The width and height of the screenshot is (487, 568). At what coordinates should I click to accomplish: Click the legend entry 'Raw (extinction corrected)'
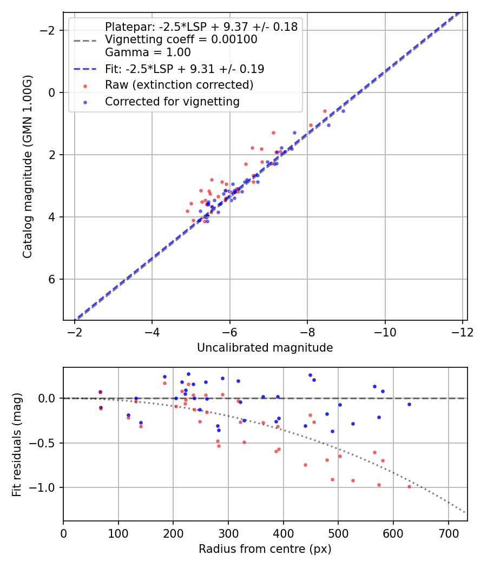179,85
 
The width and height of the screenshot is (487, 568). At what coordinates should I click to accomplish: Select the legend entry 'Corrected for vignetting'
172,102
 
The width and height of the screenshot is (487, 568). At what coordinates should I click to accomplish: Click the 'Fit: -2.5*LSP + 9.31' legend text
185,69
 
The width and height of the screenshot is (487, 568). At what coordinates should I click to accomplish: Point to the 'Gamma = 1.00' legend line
148,52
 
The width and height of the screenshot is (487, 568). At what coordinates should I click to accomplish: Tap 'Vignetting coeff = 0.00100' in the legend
181,39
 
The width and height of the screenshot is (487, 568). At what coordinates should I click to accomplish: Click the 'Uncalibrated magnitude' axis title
265,347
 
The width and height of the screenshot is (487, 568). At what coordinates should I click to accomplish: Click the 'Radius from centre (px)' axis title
265,549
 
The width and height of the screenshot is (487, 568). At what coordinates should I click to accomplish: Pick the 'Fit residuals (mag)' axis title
16,444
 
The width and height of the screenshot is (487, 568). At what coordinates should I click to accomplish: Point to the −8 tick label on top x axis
307,331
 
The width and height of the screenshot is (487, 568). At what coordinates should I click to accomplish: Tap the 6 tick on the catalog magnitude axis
52,279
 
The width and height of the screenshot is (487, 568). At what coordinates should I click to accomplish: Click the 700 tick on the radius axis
449,532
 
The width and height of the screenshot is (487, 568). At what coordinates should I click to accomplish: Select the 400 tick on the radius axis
284,532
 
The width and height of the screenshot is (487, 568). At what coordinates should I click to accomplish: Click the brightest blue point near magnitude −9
343,111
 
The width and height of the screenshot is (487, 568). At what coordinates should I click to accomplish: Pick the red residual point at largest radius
409,486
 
